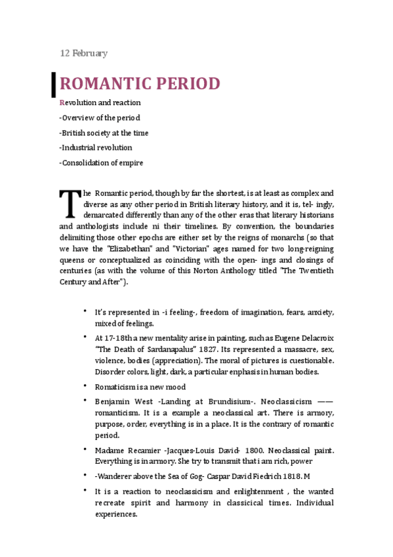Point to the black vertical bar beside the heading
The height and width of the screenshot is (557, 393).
(53, 83)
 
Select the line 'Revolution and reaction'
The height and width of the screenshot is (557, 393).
(100, 103)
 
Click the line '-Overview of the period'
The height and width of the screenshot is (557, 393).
(99, 118)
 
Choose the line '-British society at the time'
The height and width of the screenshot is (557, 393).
(104, 133)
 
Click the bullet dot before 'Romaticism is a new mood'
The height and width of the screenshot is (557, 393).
(85, 385)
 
